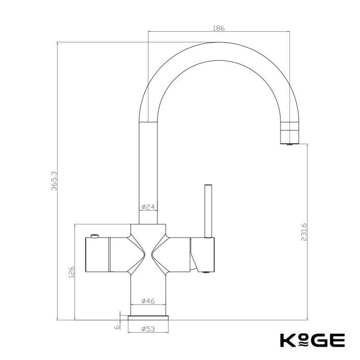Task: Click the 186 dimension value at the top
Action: pos(218,28)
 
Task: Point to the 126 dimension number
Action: pos(71,272)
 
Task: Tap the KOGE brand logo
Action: pos(312,340)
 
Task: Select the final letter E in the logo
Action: pos(338,340)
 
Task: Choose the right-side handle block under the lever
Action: pos(203,253)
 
